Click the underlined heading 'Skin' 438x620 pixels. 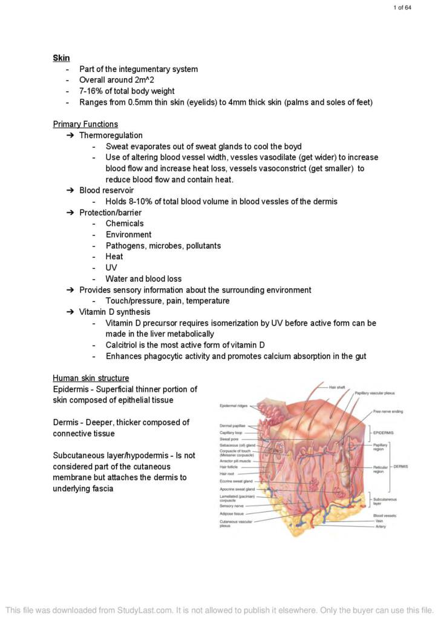pyautogui.click(x=61, y=58)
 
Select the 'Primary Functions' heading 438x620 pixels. pyautogui.click(x=85, y=124)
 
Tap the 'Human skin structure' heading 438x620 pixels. pyautogui.click(x=91, y=378)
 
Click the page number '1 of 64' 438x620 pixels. pyautogui.click(x=402, y=7)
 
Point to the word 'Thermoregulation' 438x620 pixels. pyautogui.click(x=111, y=135)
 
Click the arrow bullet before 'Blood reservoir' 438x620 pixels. pyautogui.click(x=69, y=190)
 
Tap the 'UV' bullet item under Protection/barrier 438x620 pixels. pyautogui.click(x=111, y=268)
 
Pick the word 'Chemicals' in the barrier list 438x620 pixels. pyautogui.click(x=125, y=223)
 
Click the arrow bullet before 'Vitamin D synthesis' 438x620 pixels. pyautogui.click(x=69, y=312)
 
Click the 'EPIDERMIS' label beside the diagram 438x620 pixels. pyautogui.click(x=384, y=433)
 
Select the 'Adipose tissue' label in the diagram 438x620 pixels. pyautogui.click(x=232, y=513)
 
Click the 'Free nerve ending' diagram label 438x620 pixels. pyautogui.click(x=388, y=412)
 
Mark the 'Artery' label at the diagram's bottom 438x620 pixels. pyautogui.click(x=380, y=526)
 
